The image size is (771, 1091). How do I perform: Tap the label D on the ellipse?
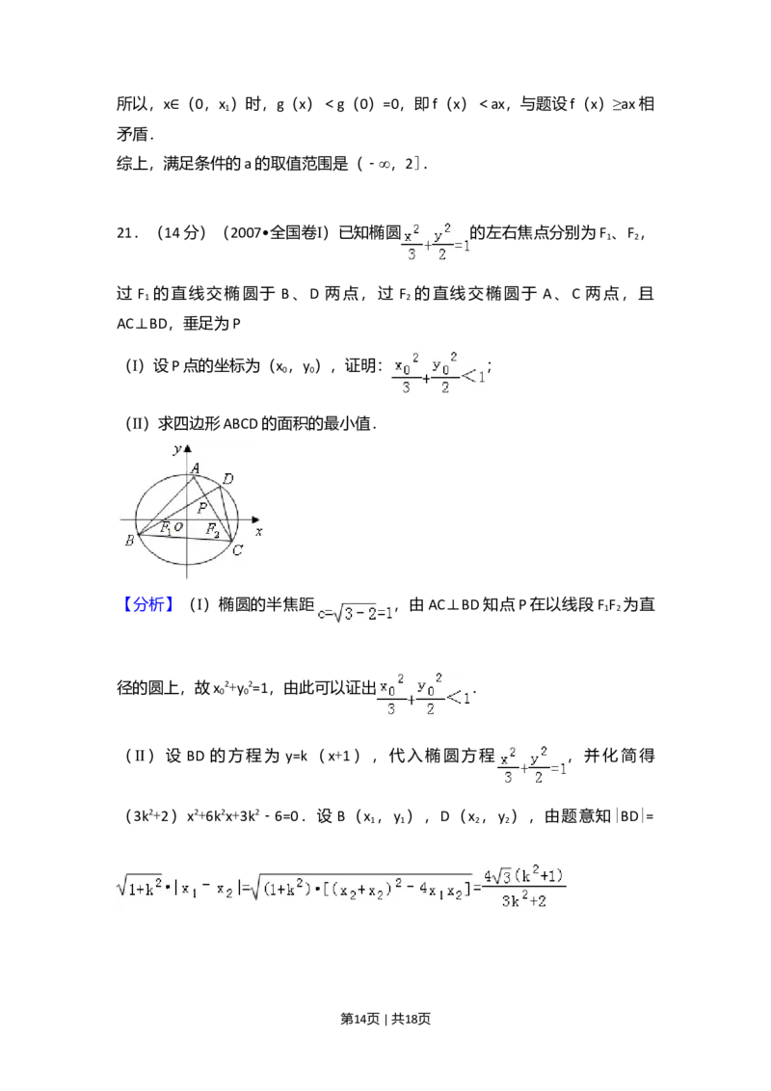pos(227,479)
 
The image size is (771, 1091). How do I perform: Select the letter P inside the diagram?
pos(201,507)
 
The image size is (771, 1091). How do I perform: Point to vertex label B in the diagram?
pos(128,542)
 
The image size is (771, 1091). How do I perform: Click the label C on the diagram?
pos(237,550)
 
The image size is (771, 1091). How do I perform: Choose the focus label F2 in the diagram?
pos(212,529)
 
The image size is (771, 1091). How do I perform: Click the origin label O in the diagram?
pos(179,527)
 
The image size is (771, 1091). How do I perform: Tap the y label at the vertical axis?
pos(176,449)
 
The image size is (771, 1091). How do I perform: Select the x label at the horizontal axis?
pos(258,531)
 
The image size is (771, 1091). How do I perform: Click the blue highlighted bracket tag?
pos(149,605)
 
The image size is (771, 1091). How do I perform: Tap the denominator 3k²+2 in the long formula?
pos(526,897)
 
